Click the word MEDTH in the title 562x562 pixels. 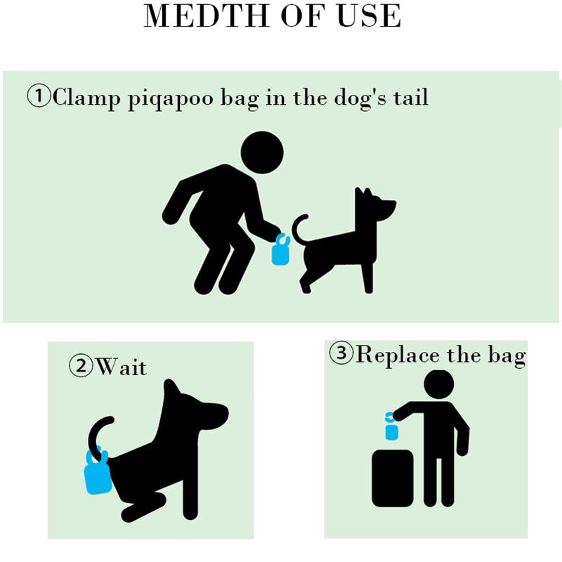click(x=207, y=15)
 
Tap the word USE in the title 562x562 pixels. click(x=370, y=15)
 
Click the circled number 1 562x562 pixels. click(x=39, y=96)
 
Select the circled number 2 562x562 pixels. click(x=81, y=366)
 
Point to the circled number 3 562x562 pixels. click(x=341, y=353)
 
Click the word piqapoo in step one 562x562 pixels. click(x=171, y=98)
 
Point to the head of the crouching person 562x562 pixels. click(x=262, y=152)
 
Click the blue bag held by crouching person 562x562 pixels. click(x=280, y=249)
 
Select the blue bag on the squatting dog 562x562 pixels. click(x=98, y=470)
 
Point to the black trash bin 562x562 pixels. click(x=393, y=478)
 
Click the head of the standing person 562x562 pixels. click(x=438, y=384)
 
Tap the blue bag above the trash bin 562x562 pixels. click(x=391, y=426)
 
